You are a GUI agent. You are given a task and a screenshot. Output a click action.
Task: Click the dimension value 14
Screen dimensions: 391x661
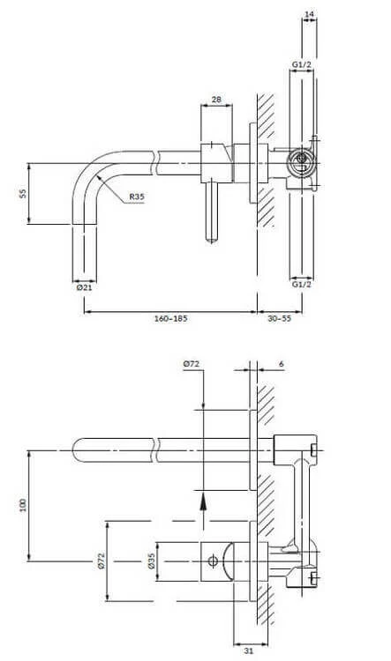click(x=309, y=14)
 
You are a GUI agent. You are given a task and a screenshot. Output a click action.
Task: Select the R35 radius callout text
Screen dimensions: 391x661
click(x=137, y=196)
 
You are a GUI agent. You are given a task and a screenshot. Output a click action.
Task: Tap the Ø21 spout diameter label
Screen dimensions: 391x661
click(x=84, y=287)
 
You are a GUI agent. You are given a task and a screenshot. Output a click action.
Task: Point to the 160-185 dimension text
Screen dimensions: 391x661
click(x=170, y=318)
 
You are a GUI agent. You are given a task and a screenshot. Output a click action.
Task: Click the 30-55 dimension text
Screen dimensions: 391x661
click(x=279, y=318)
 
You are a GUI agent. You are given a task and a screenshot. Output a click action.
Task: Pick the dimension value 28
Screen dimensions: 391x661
click(x=216, y=100)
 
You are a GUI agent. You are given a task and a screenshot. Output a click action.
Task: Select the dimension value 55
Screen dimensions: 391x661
click(x=23, y=193)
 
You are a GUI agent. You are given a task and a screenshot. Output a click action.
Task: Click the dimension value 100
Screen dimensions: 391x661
click(x=23, y=505)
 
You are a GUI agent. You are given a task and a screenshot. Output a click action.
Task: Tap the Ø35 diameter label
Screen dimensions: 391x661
click(x=152, y=561)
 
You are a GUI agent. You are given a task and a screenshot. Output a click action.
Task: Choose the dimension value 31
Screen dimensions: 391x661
click(x=249, y=650)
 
